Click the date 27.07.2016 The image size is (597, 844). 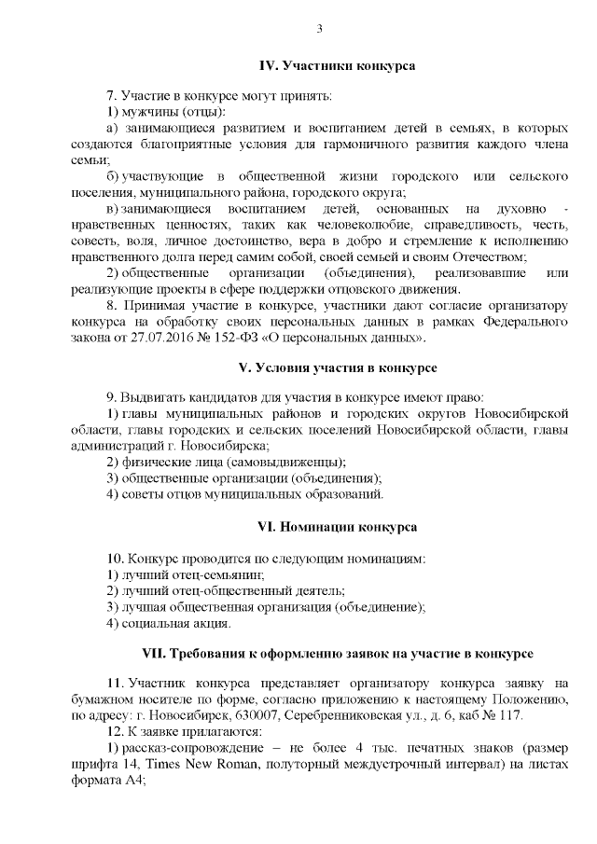160,338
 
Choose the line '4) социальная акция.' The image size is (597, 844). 168,622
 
